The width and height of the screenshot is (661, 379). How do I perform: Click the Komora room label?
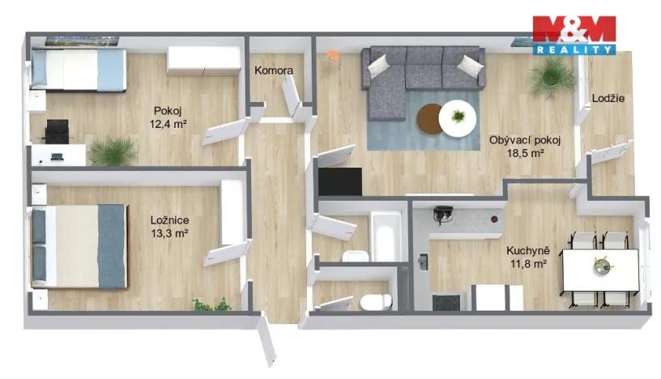273,71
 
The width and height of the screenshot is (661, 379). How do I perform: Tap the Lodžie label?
608,99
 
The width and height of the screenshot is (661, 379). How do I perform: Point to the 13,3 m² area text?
169,233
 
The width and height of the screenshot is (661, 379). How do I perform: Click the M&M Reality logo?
574,35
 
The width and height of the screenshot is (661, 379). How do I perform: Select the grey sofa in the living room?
413,76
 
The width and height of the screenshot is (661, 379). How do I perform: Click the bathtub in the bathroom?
387,236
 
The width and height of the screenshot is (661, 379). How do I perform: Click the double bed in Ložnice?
79,245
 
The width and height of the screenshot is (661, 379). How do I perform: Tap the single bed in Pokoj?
78,69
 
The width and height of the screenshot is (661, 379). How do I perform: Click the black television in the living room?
339,181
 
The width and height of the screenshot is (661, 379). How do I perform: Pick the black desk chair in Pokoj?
57,130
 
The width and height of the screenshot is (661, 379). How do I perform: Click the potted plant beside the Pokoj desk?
113,151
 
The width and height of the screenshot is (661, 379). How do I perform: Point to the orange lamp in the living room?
332,57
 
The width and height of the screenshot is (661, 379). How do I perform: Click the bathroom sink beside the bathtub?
353,258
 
